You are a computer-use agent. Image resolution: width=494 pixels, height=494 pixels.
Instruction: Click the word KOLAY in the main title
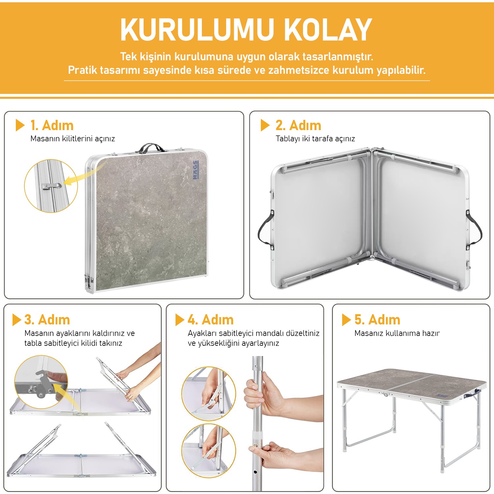coord(328,30)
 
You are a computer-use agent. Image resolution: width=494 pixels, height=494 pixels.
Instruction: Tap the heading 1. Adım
coord(52,125)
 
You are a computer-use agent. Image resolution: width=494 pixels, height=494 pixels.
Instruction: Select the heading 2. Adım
coord(298,125)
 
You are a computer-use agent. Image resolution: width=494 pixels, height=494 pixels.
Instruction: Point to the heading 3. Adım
coord(47,320)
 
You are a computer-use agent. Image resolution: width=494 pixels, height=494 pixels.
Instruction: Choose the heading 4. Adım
coord(211,320)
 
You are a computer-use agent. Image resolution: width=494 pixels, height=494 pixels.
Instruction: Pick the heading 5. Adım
coord(377,320)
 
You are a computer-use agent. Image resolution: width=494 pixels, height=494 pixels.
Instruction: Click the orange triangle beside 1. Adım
coord(20,125)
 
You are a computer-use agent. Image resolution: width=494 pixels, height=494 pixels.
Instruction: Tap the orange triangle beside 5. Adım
coord(346,320)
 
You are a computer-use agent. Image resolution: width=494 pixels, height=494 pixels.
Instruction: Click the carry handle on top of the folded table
coord(151,148)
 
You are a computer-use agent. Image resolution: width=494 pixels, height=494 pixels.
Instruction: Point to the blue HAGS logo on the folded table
coord(196,170)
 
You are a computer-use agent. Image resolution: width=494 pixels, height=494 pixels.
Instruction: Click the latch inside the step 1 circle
coord(51,186)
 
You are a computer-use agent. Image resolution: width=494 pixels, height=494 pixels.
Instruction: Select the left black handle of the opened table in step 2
coord(265,230)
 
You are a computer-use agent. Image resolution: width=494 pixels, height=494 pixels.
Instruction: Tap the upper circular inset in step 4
coord(209,394)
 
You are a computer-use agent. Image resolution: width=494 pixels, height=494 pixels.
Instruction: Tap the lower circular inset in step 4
coord(209,451)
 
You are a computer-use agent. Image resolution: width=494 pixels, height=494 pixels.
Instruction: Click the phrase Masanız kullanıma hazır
coord(397,333)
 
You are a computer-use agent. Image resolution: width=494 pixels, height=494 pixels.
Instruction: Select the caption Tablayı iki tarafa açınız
coord(316,139)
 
